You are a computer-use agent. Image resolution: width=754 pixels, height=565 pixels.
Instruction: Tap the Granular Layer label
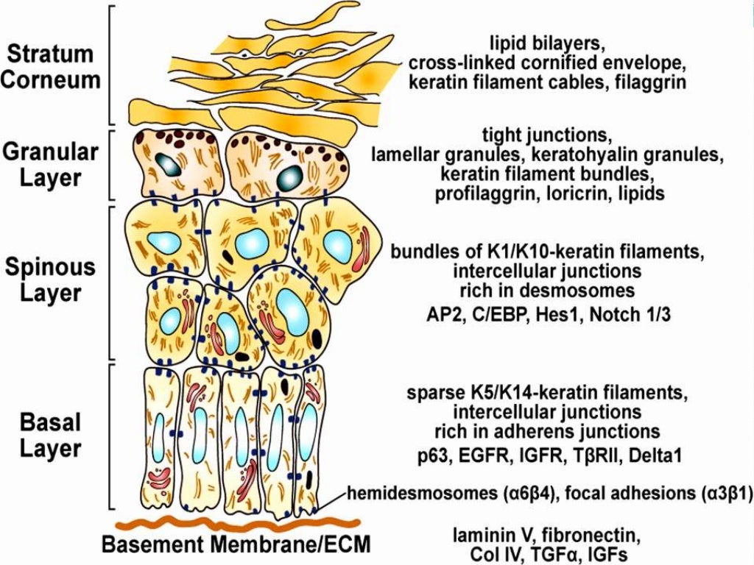[x=50, y=166]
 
